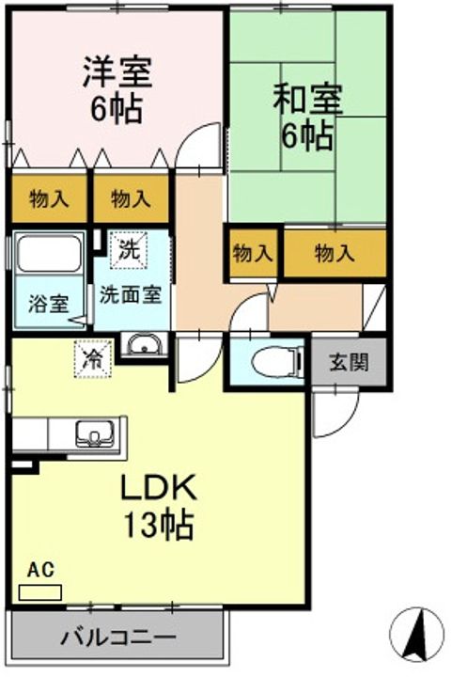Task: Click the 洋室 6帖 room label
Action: (117, 90)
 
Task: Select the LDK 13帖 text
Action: (158, 506)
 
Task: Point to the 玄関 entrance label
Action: (349, 362)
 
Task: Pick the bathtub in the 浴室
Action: (49, 254)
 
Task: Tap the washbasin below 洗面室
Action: (144, 345)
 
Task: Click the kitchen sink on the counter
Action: (95, 433)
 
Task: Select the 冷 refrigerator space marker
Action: (94, 359)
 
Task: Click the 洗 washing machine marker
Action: (129, 250)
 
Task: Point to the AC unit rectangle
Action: (40, 592)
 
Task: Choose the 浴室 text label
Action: (48, 303)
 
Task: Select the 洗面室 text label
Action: (131, 295)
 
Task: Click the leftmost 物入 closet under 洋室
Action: (49, 199)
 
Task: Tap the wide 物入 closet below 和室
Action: (335, 253)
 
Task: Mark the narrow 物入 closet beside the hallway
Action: (253, 253)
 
